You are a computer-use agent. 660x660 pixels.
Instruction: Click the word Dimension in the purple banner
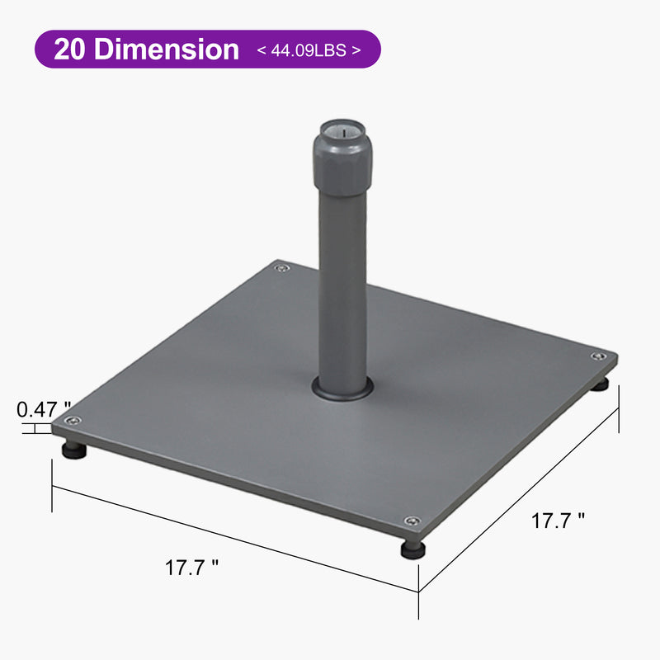(167, 49)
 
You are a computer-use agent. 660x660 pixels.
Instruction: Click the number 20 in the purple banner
(72, 49)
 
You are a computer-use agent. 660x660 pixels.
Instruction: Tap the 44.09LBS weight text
(309, 50)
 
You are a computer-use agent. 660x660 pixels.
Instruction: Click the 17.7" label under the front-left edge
(191, 568)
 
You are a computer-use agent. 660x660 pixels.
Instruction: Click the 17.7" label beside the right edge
(558, 521)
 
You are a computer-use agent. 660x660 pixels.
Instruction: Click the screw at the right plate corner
(596, 356)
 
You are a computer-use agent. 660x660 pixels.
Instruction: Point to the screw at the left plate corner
(73, 422)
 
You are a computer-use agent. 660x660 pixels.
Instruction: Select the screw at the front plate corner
(412, 521)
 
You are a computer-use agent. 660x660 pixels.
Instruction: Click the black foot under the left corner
(74, 450)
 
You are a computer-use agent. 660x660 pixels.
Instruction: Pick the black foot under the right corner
(601, 383)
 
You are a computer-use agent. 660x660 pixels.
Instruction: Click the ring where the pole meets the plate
(342, 390)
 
